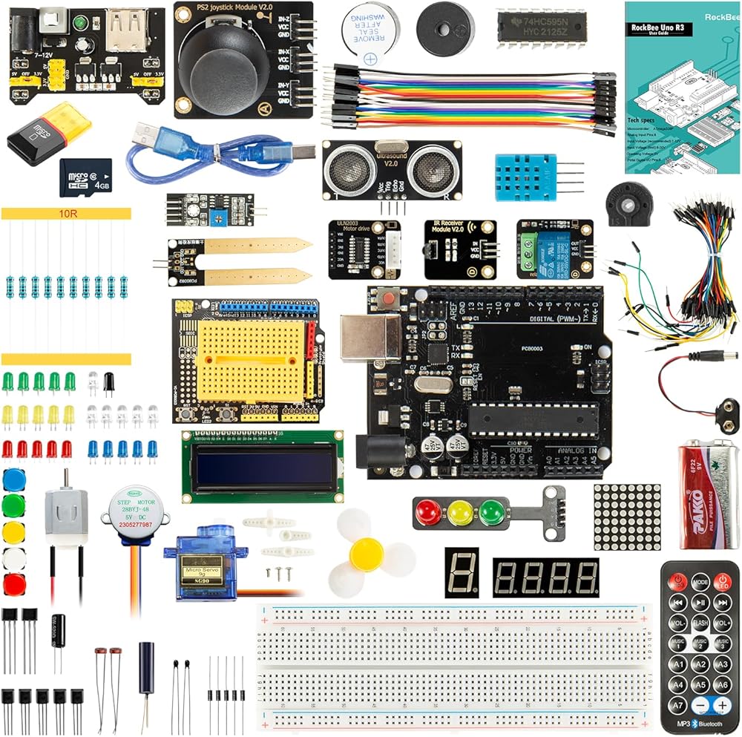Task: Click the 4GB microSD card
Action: (85, 178)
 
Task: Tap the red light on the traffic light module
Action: (427, 512)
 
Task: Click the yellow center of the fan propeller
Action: (367, 554)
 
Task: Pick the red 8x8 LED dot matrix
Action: (627, 517)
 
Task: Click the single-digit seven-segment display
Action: (462, 572)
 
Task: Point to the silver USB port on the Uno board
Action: (369, 338)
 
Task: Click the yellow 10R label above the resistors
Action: (67, 214)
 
